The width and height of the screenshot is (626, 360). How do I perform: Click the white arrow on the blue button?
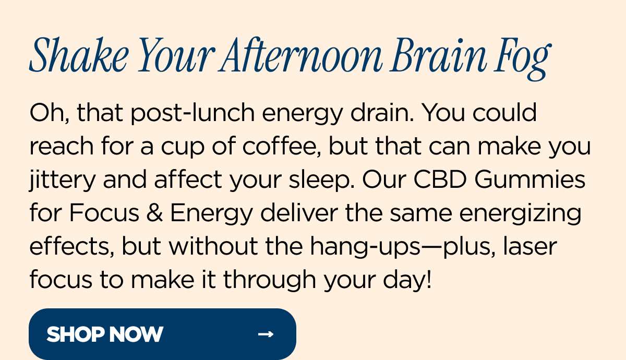pos(266,334)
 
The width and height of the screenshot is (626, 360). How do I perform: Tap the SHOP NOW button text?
pos(105,334)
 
